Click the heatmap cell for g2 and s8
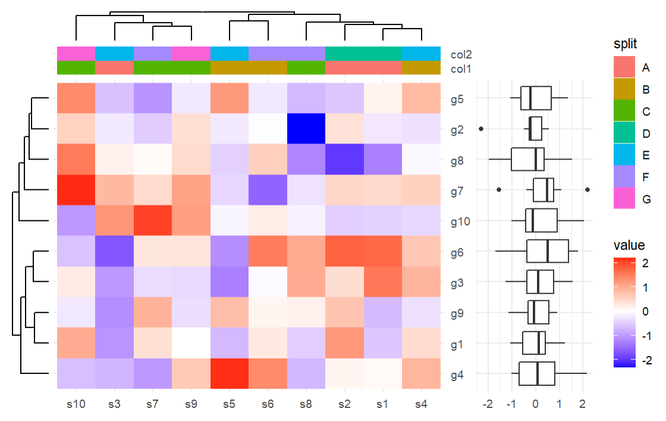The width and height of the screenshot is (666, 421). click(x=306, y=129)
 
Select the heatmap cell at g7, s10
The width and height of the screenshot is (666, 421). click(x=76, y=190)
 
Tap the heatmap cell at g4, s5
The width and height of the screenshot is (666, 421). click(x=230, y=373)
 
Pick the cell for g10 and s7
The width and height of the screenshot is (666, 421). click(x=153, y=220)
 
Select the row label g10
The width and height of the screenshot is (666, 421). click(x=461, y=221)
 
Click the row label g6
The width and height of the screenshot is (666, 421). click(x=459, y=251)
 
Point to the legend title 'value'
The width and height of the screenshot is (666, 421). click(x=629, y=245)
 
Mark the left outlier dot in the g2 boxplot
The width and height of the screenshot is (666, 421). click(x=481, y=129)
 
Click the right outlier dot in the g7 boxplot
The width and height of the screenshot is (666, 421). click(x=588, y=190)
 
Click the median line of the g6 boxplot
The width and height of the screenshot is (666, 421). click(x=548, y=251)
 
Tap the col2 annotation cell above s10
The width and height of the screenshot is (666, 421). click(x=76, y=54)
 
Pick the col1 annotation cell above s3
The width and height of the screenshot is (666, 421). click(x=114, y=68)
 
